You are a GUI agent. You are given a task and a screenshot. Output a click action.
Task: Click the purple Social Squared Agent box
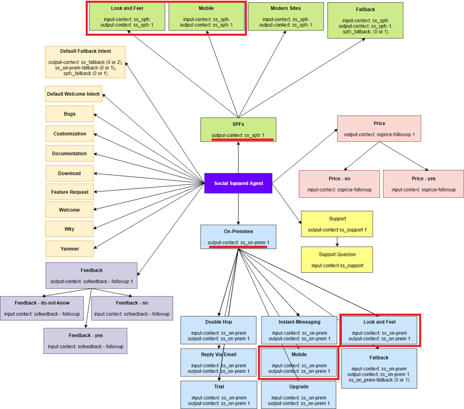point(238,183)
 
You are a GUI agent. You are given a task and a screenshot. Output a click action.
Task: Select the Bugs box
point(69,114)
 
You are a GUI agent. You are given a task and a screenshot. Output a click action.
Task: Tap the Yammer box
point(69,249)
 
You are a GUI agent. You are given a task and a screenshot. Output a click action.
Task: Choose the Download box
point(69,174)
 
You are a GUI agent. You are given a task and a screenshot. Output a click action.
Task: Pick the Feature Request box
point(69,192)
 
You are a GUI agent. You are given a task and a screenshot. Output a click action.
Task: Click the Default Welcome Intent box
point(74,94)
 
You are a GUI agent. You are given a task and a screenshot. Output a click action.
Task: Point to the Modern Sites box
point(286,16)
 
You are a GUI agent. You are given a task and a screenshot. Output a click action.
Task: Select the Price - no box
point(339,184)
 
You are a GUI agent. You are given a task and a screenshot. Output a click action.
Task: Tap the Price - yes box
point(423,184)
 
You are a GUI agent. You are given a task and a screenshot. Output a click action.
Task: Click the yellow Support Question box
point(337,260)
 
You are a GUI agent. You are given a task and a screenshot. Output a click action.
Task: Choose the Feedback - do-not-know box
point(42,308)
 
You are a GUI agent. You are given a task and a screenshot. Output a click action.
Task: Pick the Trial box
point(219,395)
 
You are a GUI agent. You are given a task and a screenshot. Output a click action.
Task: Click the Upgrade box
point(299,395)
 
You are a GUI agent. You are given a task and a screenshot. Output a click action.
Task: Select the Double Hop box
point(218,330)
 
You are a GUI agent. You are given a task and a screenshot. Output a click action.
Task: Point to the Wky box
point(69,229)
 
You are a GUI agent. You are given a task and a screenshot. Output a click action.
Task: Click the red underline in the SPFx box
point(242,140)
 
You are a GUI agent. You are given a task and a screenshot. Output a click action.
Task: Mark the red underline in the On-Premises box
point(238,247)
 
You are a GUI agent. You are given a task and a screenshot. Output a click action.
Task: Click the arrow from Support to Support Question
point(337,242)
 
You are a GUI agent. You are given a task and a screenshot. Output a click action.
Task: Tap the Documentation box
point(69,154)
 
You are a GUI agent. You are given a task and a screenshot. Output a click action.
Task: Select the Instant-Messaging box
point(299,330)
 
